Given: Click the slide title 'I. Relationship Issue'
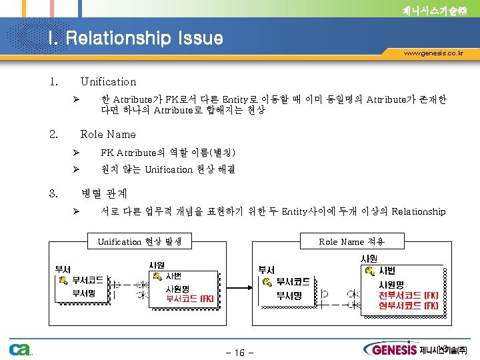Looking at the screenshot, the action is click(x=135, y=38).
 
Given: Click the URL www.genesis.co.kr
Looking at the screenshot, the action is click(x=433, y=53).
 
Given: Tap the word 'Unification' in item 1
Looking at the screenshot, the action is click(x=108, y=82).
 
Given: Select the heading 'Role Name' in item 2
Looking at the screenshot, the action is click(x=107, y=134).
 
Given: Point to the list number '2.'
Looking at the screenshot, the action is click(x=54, y=134).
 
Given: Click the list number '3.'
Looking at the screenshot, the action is click(x=54, y=193).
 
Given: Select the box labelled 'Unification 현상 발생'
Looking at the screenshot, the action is click(x=139, y=241).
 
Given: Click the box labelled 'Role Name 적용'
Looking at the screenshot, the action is click(x=351, y=241).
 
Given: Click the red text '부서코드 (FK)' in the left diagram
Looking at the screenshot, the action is click(x=190, y=299).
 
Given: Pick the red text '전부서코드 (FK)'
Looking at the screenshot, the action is click(x=408, y=295).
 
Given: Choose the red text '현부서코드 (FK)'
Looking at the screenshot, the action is click(x=408, y=305).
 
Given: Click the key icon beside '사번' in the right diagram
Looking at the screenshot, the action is click(x=369, y=271).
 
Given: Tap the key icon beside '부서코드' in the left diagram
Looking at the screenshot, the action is click(x=63, y=281).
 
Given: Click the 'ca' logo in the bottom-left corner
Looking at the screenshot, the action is click(x=19, y=349).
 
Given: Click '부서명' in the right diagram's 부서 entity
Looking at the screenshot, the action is click(x=289, y=295).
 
